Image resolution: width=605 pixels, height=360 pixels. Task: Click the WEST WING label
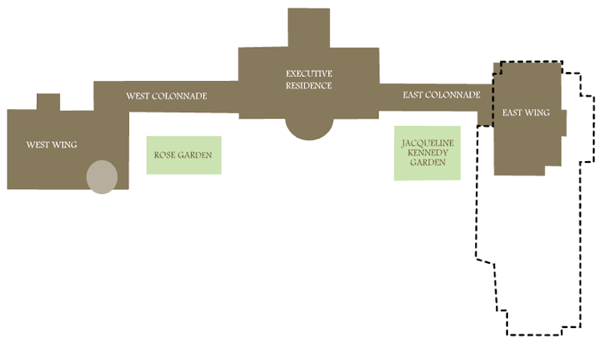tap(51, 145)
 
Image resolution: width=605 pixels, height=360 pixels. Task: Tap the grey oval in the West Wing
tap(102, 176)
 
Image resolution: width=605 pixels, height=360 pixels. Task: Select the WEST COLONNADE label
tap(166, 96)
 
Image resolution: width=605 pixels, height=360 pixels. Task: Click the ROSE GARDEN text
tap(184, 156)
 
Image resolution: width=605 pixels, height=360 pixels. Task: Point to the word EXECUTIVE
tap(309, 74)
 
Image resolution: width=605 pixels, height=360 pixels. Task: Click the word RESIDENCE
tap(309, 86)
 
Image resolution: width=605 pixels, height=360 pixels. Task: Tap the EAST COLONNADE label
tap(441, 95)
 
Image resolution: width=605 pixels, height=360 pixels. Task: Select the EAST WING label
tap(526, 113)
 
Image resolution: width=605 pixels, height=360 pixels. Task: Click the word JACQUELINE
tap(428, 143)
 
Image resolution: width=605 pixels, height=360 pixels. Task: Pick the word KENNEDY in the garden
tap(428, 152)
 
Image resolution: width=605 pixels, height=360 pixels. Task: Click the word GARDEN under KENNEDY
tap(428, 162)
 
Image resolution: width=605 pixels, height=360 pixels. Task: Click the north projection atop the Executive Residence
tap(309, 27)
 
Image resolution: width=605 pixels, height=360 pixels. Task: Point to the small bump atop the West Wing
tap(48, 102)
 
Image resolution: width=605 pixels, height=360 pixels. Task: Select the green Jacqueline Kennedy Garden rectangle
tap(428, 172)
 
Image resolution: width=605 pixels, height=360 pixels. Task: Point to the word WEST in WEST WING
tap(39, 145)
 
